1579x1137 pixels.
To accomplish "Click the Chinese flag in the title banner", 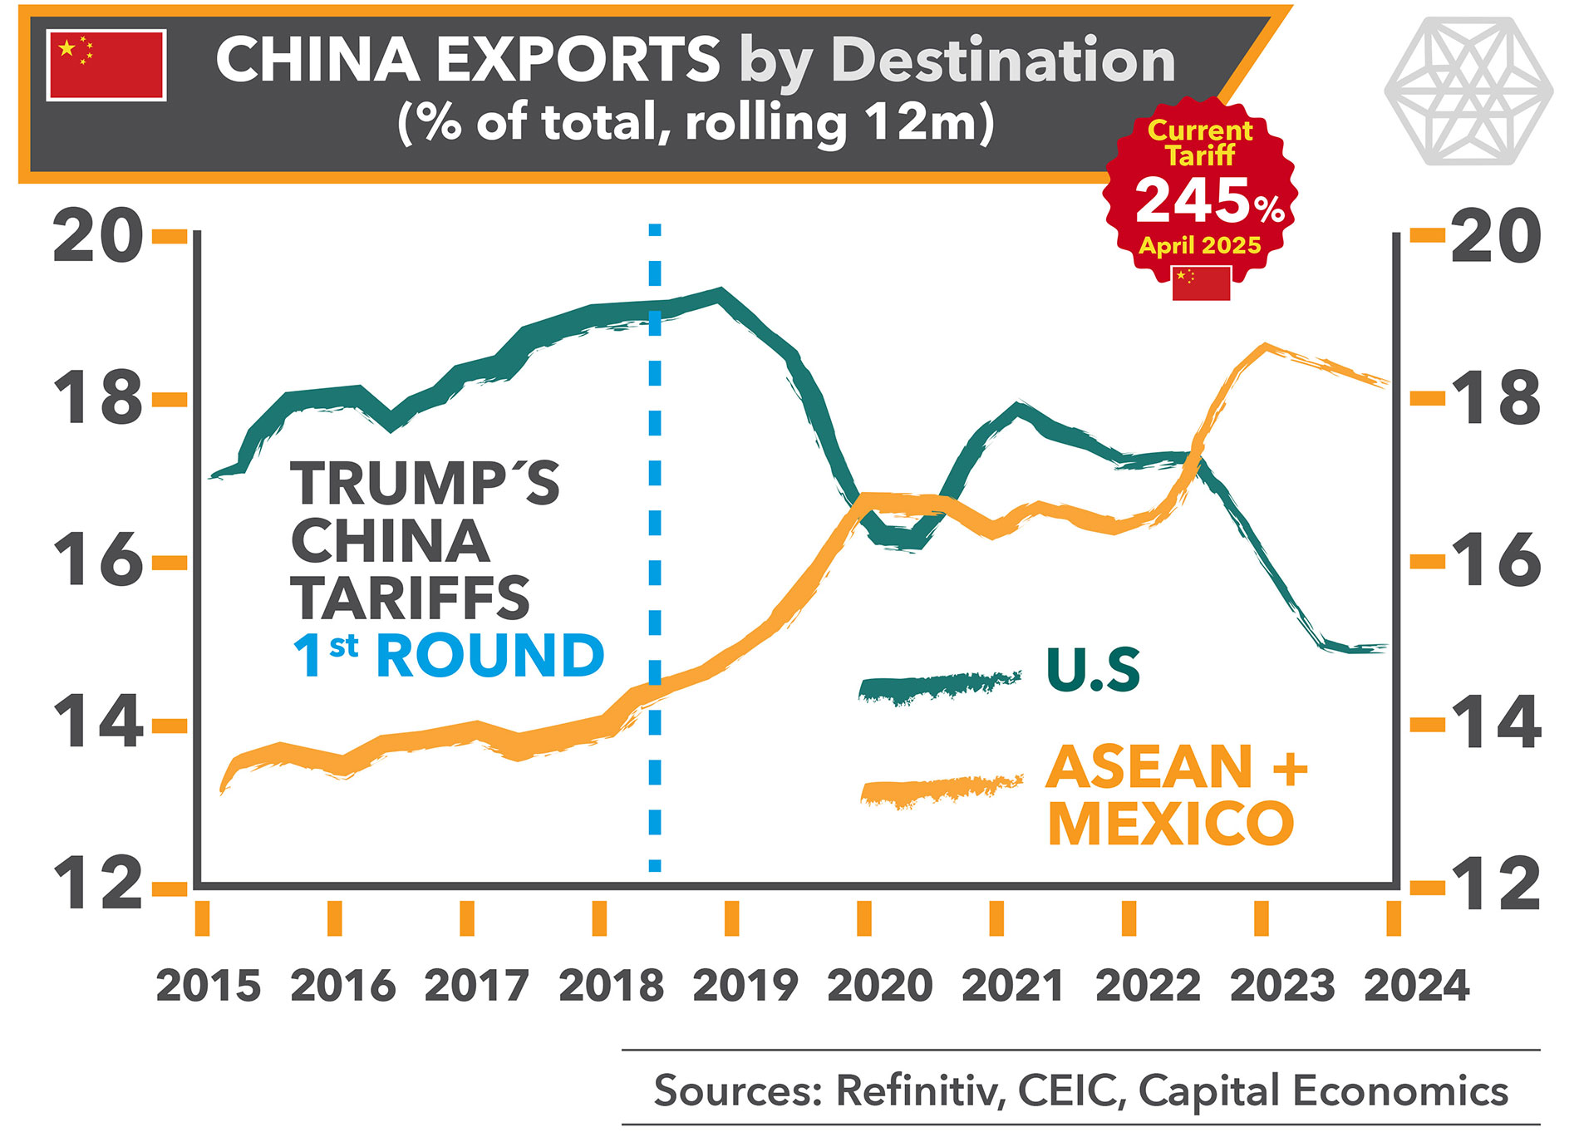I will click(106, 65).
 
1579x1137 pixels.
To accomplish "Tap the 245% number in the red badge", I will click(1209, 201).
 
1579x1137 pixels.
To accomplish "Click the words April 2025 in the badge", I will click(1200, 245).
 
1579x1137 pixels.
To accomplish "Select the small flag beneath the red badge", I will click(1201, 283).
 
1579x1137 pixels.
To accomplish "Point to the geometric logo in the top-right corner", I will click(1468, 90).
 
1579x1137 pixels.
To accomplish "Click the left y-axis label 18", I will click(97, 398).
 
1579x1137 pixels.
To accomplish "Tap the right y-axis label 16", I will click(1496, 560).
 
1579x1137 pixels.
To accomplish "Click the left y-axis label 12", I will click(97, 884).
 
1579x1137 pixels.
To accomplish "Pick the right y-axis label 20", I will click(1496, 237).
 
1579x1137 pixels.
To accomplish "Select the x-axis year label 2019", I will click(745, 986).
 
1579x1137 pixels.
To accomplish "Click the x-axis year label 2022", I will click(1148, 986).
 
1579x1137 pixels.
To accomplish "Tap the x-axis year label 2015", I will click(208, 986).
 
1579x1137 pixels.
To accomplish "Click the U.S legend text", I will click(1093, 670).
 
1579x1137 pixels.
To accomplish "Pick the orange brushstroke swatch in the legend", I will click(941, 790).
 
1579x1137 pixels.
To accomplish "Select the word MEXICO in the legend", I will click(1171, 824).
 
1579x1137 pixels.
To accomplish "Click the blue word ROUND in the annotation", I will click(490, 656).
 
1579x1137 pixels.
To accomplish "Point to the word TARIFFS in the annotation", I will click(410, 598).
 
